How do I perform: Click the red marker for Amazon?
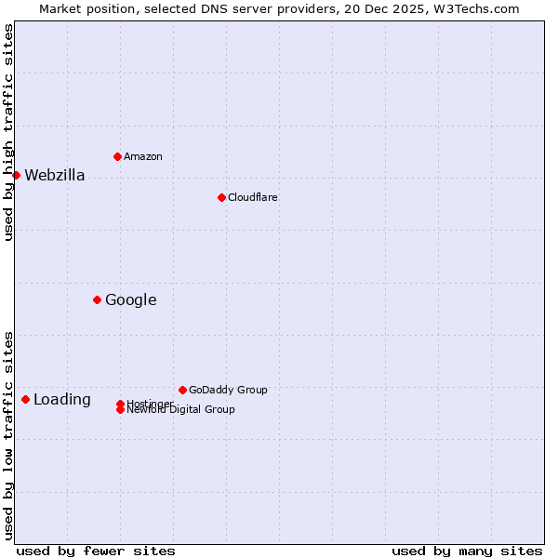pyautogui.click(x=117, y=156)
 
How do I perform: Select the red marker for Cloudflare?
pyautogui.click(x=221, y=197)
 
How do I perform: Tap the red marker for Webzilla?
pyautogui.click(x=16, y=175)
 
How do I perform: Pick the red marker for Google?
pyautogui.click(x=97, y=299)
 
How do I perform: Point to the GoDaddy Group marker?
pyautogui.click(x=182, y=390)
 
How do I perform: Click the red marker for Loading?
pyautogui.click(x=25, y=399)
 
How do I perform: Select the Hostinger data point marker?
pyautogui.click(x=120, y=404)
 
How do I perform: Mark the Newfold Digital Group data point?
pyautogui.click(x=120, y=410)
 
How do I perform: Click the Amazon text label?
pyautogui.click(x=143, y=156)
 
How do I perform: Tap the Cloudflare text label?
pyautogui.click(x=253, y=197)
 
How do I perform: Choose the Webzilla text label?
pyautogui.click(x=55, y=176)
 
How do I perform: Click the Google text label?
pyautogui.click(x=131, y=299)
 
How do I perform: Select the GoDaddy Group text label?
pyautogui.click(x=228, y=390)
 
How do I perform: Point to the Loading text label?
pyautogui.click(x=62, y=400)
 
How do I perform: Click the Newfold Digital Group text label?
pyautogui.click(x=181, y=410)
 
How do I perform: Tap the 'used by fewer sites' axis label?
pyautogui.click(x=96, y=551)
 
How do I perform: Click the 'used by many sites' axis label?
pyautogui.click(x=467, y=551)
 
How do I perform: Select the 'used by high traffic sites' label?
pyautogui.click(x=9, y=133)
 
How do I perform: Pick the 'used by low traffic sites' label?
pyautogui.click(x=9, y=434)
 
